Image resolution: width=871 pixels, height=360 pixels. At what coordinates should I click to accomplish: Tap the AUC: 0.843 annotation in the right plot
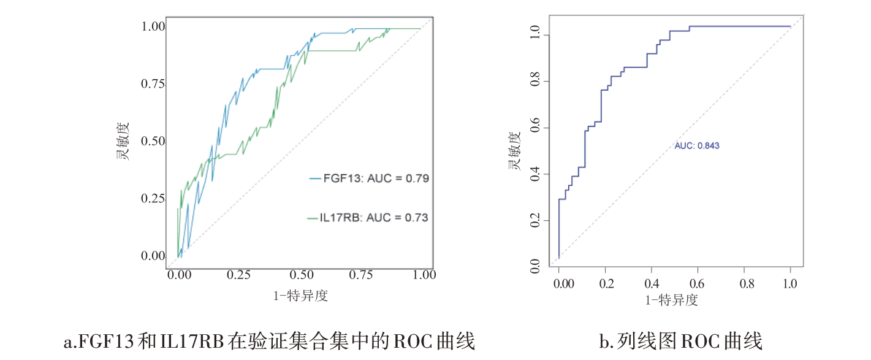[697, 146]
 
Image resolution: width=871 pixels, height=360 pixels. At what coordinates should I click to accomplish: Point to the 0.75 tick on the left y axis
[153, 84]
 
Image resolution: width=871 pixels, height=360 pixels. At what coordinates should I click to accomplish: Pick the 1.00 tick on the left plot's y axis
[153, 27]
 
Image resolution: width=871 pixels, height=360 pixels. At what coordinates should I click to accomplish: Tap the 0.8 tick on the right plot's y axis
[535, 82]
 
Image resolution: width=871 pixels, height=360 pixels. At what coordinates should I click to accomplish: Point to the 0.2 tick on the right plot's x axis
[605, 284]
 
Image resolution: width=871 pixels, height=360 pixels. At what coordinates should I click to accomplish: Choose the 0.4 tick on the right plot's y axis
[535, 175]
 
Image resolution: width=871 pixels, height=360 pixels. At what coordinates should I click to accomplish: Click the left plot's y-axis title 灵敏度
[124, 142]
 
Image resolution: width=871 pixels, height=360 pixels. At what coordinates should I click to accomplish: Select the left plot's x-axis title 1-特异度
[300, 296]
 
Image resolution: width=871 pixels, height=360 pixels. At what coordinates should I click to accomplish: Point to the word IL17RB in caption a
[186, 340]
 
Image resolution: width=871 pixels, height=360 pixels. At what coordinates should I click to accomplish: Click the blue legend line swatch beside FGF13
[315, 179]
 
